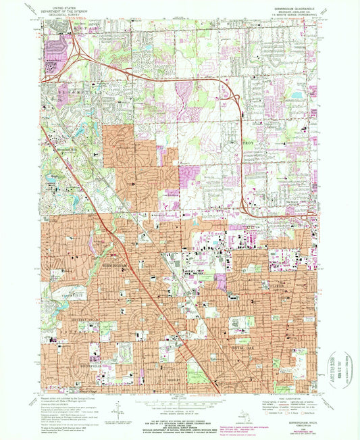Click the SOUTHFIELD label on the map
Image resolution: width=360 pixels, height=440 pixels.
point(65,359)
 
